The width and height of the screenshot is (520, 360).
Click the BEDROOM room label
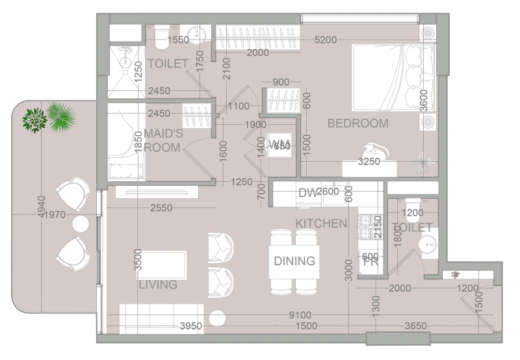[x=357, y=123]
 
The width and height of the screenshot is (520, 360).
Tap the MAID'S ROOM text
[x=163, y=140]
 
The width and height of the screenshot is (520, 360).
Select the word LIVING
[x=158, y=285]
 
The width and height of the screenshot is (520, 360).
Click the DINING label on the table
[x=294, y=261]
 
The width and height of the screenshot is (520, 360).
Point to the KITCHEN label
[x=321, y=224]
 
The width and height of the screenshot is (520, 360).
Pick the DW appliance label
[x=307, y=192]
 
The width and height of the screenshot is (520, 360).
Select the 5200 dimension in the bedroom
[x=325, y=40]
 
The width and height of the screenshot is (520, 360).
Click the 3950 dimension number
[x=192, y=326]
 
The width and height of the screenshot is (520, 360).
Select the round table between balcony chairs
[x=80, y=224]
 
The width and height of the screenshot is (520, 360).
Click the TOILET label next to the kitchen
[x=412, y=227]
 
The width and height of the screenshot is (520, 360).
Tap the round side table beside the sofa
[x=216, y=318]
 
